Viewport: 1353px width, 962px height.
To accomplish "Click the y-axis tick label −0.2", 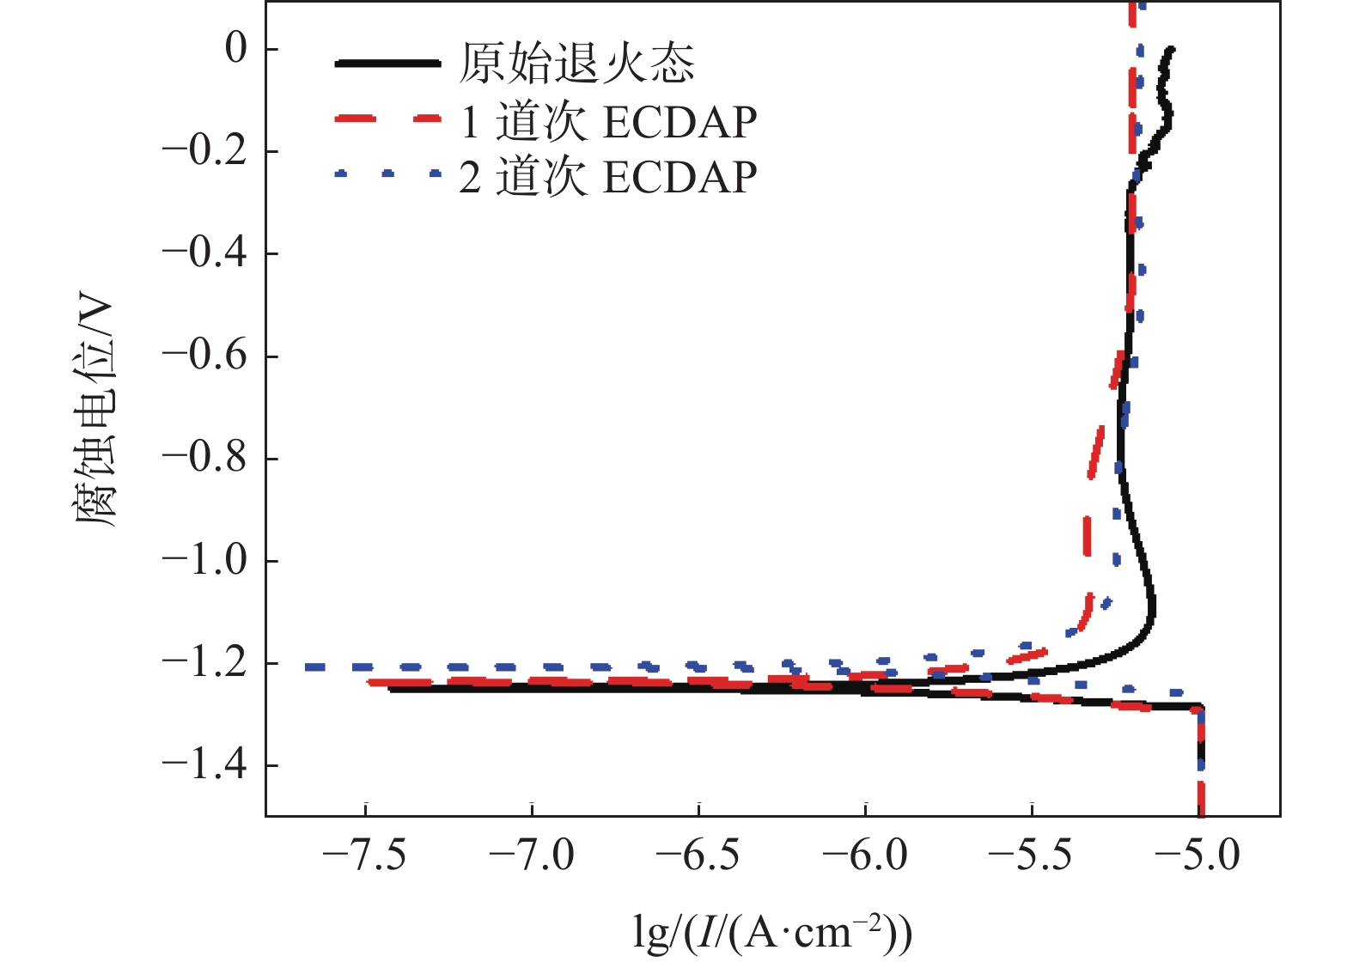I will (x=204, y=151).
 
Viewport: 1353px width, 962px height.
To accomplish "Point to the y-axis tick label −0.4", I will (x=204, y=253).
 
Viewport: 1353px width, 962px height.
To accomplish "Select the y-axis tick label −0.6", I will (x=204, y=356).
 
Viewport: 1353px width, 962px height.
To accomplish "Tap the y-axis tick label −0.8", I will (x=204, y=458).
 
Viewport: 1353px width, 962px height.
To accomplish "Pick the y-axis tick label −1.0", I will (x=204, y=560).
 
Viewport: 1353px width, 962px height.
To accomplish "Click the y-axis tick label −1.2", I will (x=204, y=662).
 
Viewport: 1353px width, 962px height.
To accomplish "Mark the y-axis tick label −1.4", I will (x=204, y=764).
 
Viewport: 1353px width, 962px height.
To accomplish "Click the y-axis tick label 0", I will (x=235, y=49).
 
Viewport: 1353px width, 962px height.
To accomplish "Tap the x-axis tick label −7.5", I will (x=364, y=855).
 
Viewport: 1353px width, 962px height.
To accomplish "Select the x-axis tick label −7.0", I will (x=531, y=855).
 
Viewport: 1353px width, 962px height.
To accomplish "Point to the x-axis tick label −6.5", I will (x=698, y=855).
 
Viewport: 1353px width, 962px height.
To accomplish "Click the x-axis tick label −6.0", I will (x=864, y=855).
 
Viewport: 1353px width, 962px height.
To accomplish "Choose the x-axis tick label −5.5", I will (x=1031, y=855).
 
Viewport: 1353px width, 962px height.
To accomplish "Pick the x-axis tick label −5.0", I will (x=1198, y=855).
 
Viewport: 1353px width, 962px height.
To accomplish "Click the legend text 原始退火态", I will (x=576, y=64).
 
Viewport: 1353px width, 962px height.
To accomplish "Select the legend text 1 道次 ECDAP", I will (x=608, y=122).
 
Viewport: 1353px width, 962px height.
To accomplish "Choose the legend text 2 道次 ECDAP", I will (x=608, y=178).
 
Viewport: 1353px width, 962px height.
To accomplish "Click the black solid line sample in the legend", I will (x=387, y=64).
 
